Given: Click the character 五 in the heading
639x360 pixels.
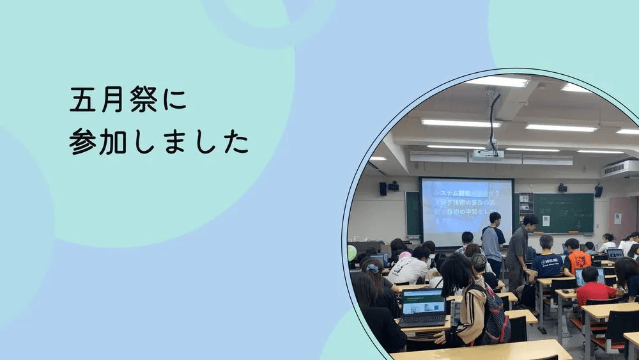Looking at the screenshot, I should point(81,101).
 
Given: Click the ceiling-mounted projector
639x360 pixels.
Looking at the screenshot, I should point(488,153).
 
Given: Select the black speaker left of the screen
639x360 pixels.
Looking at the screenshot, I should point(383,189).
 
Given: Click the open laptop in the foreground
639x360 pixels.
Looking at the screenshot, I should point(422,307).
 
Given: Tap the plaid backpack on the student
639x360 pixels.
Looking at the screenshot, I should point(496,317).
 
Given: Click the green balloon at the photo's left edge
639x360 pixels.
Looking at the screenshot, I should point(351,253).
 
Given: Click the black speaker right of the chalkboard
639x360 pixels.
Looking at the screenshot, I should point(598,191).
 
